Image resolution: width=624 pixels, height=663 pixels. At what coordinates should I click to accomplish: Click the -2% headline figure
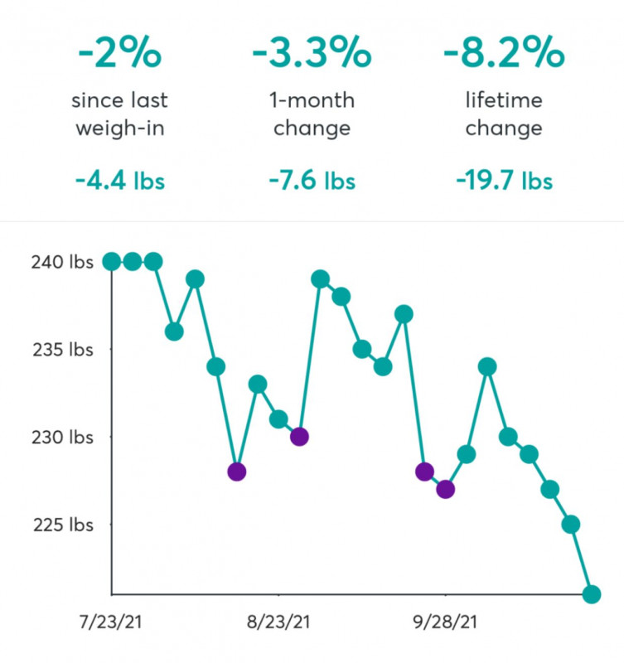click(120, 54)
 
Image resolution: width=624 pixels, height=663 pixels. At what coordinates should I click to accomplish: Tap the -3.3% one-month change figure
click(311, 54)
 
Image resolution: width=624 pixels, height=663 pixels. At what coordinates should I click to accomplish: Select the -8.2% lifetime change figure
click(503, 54)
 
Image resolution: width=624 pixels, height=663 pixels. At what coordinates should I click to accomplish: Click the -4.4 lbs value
click(120, 181)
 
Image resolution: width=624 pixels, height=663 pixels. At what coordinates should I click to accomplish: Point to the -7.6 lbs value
click(311, 181)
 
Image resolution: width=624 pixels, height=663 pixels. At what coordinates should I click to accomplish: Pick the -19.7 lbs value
click(503, 181)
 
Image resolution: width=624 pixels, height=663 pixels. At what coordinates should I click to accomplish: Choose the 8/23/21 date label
click(280, 622)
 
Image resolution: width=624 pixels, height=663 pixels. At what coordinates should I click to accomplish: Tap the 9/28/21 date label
click(446, 622)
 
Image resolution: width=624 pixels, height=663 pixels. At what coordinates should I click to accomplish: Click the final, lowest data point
click(592, 594)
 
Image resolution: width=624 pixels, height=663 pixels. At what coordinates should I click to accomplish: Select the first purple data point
click(237, 472)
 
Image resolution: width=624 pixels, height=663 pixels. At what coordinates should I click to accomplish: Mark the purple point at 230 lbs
click(299, 437)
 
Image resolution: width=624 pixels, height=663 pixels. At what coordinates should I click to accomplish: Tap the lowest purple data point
click(446, 490)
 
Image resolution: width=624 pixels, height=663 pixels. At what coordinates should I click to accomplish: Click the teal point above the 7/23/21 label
click(111, 262)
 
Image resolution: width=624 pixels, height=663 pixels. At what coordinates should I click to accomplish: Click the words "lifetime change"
click(503, 115)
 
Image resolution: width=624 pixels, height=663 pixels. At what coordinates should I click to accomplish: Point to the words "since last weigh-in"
click(120, 115)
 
